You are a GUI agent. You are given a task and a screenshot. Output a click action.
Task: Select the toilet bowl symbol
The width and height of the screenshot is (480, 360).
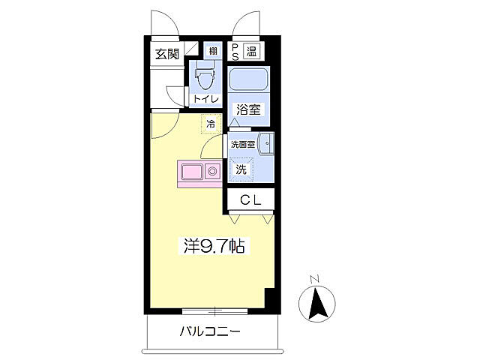pyautogui.click(x=203, y=76)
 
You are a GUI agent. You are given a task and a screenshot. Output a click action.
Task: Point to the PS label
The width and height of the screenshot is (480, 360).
pyautogui.click(x=235, y=52)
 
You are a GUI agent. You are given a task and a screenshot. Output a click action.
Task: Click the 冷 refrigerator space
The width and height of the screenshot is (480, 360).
pyautogui.click(x=211, y=124)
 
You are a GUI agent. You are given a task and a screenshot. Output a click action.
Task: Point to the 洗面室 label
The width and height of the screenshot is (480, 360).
pyautogui.click(x=243, y=144)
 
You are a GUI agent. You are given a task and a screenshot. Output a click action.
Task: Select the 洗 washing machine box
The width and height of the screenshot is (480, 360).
pyautogui.click(x=241, y=169)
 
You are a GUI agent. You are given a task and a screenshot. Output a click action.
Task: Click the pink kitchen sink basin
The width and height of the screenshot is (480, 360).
pyautogui.click(x=192, y=172)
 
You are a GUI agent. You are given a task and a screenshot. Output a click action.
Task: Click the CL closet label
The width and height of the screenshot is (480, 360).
pyautogui.click(x=250, y=199)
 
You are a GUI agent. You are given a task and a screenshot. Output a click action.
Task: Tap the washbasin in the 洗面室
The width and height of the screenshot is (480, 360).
pyautogui.click(x=267, y=145)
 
